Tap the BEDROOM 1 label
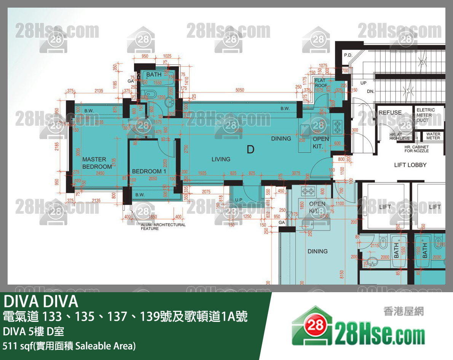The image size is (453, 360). click(x=149, y=171)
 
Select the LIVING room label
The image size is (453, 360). click(x=221, y=159)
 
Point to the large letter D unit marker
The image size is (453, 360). click(x=250, y=149)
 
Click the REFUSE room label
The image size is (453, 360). click(x=390, y=113)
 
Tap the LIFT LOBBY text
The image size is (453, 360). click(x=410, y=165)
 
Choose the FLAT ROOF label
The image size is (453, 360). click(x=321, y=83)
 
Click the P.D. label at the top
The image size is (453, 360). click(x=348, y=55)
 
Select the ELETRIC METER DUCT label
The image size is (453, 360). click(x=426, y=115)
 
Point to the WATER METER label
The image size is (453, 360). click(x=433, y=136)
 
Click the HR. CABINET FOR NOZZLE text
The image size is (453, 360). click(x=416, y=149)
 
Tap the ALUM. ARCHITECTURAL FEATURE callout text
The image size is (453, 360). click(x=163, y=226)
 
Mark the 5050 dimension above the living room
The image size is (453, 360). click(x=240, y=90)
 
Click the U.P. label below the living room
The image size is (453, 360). click(x=239, y=200)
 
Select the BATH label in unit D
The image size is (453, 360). click(x=154, y=75)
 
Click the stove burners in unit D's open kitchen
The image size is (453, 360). click(x=337, y=126)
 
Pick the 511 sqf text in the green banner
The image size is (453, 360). click(x=69, y=346)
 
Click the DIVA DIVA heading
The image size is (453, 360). click(x=41, y=302)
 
